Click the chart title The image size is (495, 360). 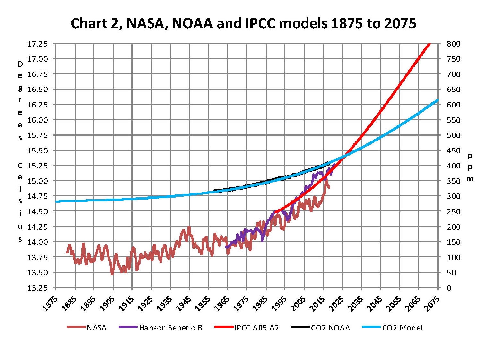(x=243, y=23)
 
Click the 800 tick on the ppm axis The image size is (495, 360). (x=453, y=44)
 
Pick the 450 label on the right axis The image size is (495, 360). (x=453, y=150)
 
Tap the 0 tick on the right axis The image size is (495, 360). (x=449, y=288)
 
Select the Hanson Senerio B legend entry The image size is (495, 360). (x=170, y=328)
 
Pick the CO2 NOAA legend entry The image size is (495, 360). (x=330, y=328)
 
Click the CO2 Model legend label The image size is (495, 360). (x=402, y=328)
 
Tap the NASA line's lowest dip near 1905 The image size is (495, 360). (x=112, y=274)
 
